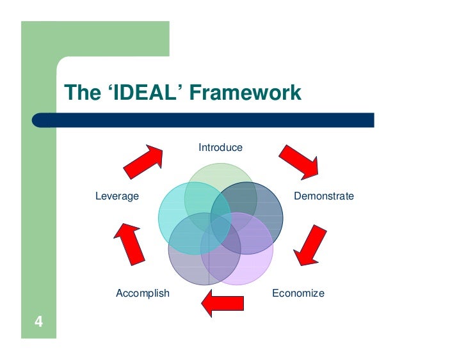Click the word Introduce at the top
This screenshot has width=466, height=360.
(x=220, y=148)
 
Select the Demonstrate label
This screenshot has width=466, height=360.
(x=323, y=196)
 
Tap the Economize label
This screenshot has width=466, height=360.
(x=298, y=293)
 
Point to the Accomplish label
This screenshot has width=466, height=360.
(x=143, y=293)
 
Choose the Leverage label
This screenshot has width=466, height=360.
(x=117, y=196)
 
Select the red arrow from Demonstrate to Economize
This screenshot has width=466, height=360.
(x=309, y=244)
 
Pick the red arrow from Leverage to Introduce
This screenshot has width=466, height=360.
(x=143, y=162)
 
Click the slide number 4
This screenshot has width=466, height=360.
(x=38, y=322)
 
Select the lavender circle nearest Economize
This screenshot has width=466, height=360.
(x=253, y=262)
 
